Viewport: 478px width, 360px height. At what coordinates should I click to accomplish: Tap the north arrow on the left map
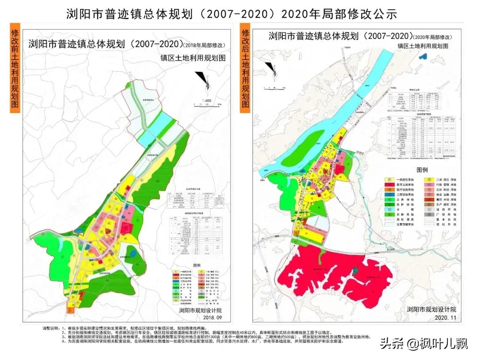point(203,80)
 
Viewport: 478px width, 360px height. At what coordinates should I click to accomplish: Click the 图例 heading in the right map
point(422,170)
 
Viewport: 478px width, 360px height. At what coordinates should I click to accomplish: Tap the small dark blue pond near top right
point(424,56)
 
